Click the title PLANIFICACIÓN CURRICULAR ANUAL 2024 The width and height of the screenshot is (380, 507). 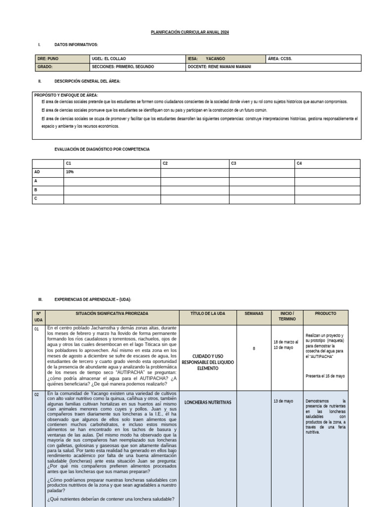pyautogui.click(x=190, y=32)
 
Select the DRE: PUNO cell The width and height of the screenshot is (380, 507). pyautogui.click(x=48, y=58)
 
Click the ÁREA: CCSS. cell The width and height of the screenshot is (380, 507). pyautogui.click(x=280, y=58)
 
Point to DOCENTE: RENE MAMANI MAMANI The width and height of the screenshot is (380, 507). pyautogui.click(x=220, y=66)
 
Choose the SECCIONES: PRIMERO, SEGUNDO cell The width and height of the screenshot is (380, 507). pyautogui.click(x=123, y=66)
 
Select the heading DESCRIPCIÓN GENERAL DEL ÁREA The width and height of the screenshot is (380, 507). pyautogui.click(x=87, y=81)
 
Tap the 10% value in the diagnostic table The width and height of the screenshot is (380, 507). pyautogui.click(x=69, y=172)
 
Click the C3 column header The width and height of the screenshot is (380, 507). pyautogui.click(x=233, y=163)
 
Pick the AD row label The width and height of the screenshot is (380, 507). pyautogui.click(x=37, y=172)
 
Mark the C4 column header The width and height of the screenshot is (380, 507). pyautogui.click(x=299, y=163)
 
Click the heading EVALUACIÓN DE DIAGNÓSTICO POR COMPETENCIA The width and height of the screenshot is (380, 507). pyautogui.click(x=101, y=149)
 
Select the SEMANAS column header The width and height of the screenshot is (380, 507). pyautogui.click(x=254, y=314)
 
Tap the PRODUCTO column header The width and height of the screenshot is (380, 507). pyautogui.click(x=325, y=314)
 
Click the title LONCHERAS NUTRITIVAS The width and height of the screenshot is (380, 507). pyautogui.click(x=207, y=403)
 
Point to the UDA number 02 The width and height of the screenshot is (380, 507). pyautogui.click(x=37, y=395)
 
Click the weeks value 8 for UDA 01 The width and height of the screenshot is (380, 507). pyautogui.click(x=254, y=349)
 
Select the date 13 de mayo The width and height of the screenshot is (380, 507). pyautogui.click(x=283, y=401)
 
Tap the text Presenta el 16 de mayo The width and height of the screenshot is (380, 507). pyautogui.click(x=325, y=376)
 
